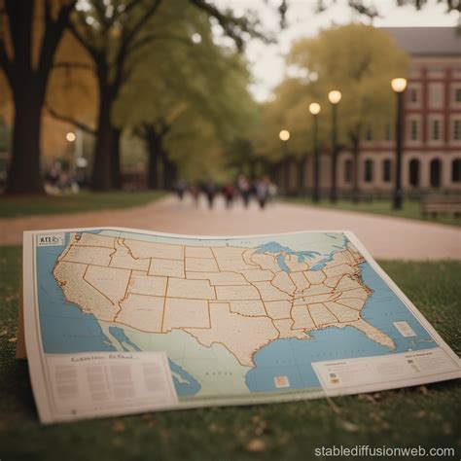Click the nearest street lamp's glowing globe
pyautogui.click(x=399, y=85)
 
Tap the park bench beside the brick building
pyautogui.click(x=441, y=203)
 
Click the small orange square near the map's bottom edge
pyautogui.click(x=281, y=381)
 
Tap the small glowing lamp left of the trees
pyautogui.click(x=70, y=137)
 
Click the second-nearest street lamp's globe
pyautogui.click(x=335, y=97)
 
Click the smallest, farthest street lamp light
pyautogui.click(x=284, y=135)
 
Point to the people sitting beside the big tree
pyautogui.click(x=60, y=179)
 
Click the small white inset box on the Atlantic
pyautogui.click(x=404, y=329)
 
